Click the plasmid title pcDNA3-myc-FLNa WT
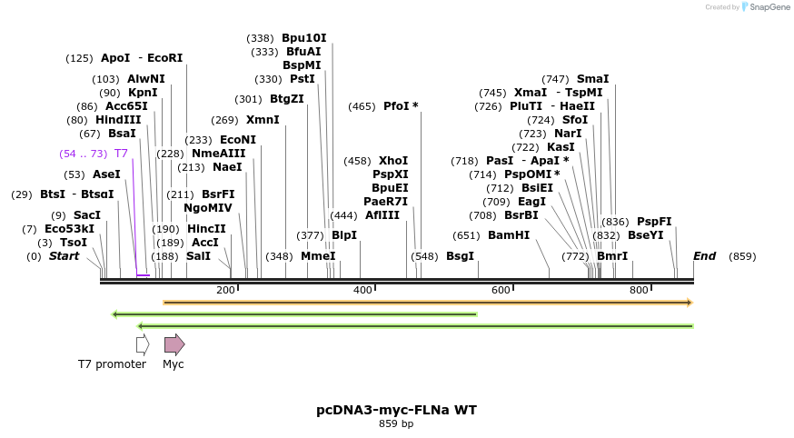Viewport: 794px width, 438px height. (x=396, y=410)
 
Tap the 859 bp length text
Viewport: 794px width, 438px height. (x=396, y=424)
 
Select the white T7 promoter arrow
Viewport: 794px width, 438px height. (x=143, y=344)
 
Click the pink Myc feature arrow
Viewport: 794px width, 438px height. (x=174, y=344)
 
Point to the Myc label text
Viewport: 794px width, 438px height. (x=173, y=364)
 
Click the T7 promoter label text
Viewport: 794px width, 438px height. (x=112, y=364)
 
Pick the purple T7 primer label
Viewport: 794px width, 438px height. (x=121, y=154)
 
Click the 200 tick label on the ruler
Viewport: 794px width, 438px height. (x=225, y=290)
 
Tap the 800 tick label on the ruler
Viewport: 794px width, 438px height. (x=639, y=290)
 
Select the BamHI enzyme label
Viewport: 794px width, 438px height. (x=509, y=235)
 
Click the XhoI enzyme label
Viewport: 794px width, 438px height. (x=393, y=161)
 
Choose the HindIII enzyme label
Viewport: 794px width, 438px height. (x=118, y=119)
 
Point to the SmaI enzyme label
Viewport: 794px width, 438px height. (x=592, y=79)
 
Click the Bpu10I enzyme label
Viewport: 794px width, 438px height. (x=303, y=38)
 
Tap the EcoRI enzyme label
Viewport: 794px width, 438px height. (x=165, y=58)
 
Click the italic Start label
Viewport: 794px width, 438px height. (x=64, y=256)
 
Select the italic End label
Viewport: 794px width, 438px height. (x=704, y=256)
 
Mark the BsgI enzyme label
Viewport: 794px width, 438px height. (x=460, y=256)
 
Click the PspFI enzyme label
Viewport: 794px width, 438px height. (x=654, y=222)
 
